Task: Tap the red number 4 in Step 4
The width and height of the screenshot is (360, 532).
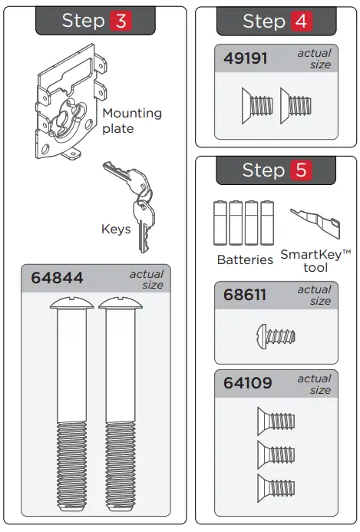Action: [x=299, y=21]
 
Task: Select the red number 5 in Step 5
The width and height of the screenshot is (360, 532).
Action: [x=299, y=170]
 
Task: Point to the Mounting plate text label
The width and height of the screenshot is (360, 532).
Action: [x=132, y=121]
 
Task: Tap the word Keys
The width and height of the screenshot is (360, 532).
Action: [x=115, y=229]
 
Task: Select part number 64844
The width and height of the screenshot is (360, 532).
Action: [x=58, y=278]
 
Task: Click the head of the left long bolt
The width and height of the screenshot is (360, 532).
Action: [x=72, y=303]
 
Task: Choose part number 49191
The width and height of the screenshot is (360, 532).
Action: [x=246, y=58]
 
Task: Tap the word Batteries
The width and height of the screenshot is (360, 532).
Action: [x=245, y=259]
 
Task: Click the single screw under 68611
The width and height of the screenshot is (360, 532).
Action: [x=274, y=336]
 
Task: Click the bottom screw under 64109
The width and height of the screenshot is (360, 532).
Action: [x=276, y=485]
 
